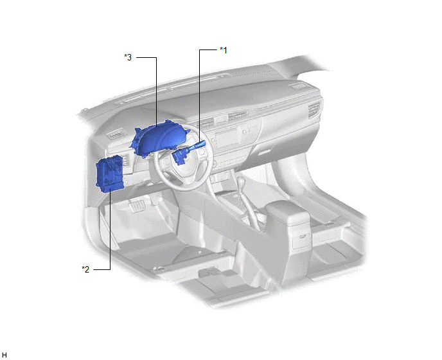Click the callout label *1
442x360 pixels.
click(224, 50)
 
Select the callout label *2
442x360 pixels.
click(85, 269)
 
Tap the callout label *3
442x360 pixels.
click(128, 57)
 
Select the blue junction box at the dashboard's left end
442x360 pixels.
click(110, 174)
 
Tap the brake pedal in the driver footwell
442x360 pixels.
click(136, 205)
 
